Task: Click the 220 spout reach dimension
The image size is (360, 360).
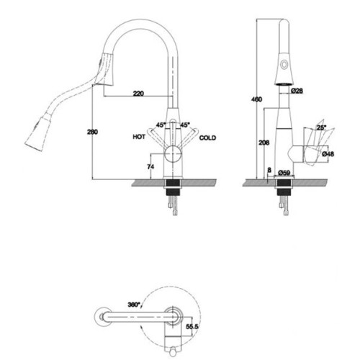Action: pos(138,93)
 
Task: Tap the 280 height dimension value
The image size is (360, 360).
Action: pos(92,132)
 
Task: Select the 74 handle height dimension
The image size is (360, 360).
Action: pos(150,166)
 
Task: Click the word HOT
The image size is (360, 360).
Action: pos(139,137)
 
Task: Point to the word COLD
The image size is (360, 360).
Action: pos(207,138)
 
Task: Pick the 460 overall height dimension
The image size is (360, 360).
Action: pos(256,99)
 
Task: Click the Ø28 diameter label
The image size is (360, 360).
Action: pos(297,91)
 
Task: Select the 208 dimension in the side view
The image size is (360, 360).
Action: pos(264,143)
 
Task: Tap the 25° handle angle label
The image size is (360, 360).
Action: pos(322,127)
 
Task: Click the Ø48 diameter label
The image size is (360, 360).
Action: pos(328,153)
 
